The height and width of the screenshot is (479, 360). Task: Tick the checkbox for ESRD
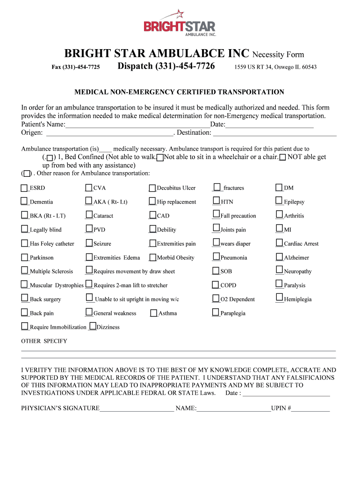tap(24, 188)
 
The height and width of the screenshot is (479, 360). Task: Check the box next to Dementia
tap(24, 202)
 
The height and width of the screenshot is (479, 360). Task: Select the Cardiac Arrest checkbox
tap(279, 243)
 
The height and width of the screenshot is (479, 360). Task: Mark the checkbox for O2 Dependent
tap(216, 299)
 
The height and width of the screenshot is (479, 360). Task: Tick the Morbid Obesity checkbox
tap(152, 257)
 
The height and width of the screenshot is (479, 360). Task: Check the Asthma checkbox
tap(154, 313)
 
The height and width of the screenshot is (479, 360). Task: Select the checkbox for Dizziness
tap(93, 327)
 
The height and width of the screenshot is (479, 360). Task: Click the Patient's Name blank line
tap(137, 125)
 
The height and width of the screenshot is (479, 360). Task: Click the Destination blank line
tap(274, 133)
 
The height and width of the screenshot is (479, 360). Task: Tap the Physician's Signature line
tap(137, 408)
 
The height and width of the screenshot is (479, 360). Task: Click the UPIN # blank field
tap(310, 408)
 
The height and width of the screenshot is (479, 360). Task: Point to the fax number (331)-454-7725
tap(75, 67)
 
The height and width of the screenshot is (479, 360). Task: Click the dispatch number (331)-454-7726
tap(166, 66)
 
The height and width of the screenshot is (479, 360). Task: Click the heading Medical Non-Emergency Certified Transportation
tap(180, 92)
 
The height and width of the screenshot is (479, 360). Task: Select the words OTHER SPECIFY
tap(44, 341)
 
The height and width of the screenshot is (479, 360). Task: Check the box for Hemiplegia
tap(279, 298)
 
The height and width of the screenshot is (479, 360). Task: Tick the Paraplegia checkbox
tap(216, 312)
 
